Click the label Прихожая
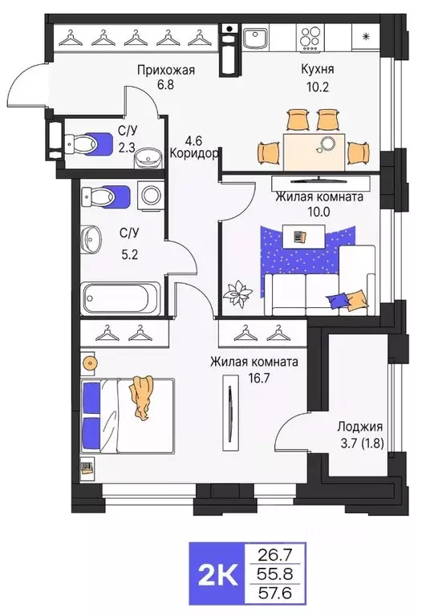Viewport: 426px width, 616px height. pos(164,70)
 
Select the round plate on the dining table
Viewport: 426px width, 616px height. pos(327,144)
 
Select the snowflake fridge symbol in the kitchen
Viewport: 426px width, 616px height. pos(365,36)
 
